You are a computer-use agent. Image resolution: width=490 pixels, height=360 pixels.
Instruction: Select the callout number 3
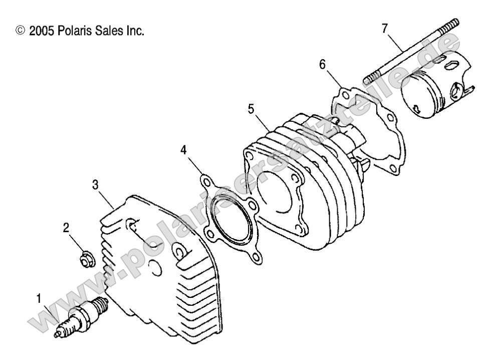tap(96, 184)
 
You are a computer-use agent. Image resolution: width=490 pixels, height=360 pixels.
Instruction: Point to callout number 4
tap(184, 150)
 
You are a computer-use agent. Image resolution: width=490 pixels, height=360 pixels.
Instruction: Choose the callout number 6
tap(323, 64)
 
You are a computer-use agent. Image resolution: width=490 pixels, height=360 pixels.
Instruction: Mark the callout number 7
tap(384, 28)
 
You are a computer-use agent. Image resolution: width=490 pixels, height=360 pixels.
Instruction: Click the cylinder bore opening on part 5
tap(276, 188)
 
